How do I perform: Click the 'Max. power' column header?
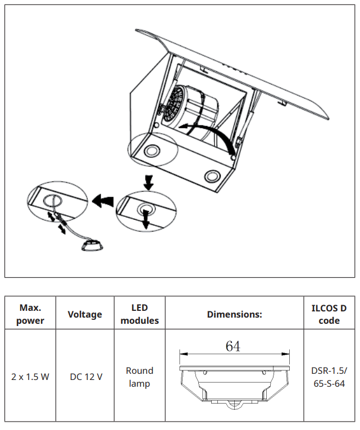click(31, 314)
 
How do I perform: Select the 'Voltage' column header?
click(85, 314)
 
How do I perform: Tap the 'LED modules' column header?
click(139, 314)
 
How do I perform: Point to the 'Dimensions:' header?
click(234, 314)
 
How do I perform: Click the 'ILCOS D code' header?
click(329, 314)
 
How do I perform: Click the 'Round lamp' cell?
click(139, 377)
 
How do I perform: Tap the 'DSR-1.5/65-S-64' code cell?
click(329, 377)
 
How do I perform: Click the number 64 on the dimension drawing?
click(233, 346)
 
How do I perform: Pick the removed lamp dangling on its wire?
click(91, 246)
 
